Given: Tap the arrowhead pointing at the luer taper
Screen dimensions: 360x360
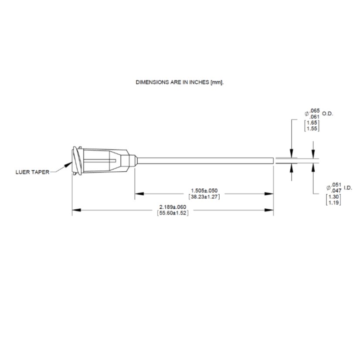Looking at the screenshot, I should pos(68,164).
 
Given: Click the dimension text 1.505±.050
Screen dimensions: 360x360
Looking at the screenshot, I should pos(204,190).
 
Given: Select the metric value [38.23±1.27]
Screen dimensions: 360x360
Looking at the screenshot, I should pos(204,196).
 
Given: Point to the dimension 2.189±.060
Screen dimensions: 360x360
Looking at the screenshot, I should pos(173,207).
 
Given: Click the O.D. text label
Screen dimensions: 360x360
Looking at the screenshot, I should pos(327,113).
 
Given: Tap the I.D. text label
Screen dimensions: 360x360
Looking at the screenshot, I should pos(347,187).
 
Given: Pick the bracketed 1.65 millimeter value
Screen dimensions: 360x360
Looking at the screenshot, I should pos(312,123).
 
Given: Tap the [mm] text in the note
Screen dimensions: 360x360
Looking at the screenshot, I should pos(217,82).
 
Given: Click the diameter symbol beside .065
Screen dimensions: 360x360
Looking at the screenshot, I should pos(307,113).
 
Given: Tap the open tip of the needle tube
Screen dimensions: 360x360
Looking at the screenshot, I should pos(273,161).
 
